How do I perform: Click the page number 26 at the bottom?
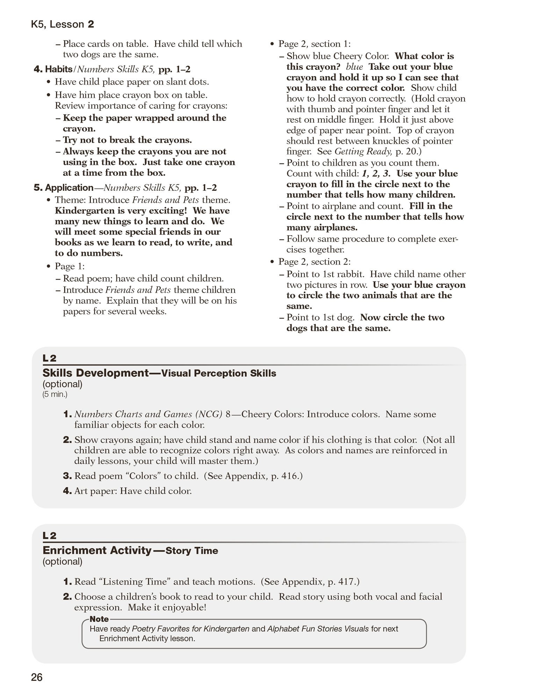pyautogui.click(x=37, y=677)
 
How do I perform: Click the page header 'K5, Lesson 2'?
pyautogui.click(x=63, y=24)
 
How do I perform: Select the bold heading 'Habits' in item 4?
pyautogui.click(x=58, y=69)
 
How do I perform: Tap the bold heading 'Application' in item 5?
pyautogui.click(x=69, y=188)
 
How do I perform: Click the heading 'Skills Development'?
pyautogui.click(x=96, y=373)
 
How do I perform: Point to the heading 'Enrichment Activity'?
pyautogui.click(x=97, y=550)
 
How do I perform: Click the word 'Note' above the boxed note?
pyautogui.click(x=99, y=619)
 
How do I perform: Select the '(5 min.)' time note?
pyautogui.click(x=55, y=395)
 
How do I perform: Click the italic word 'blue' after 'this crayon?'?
pyautogui.click(x=354, y=67)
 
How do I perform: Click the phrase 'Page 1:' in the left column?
pyautogui.click(x=70, y=266)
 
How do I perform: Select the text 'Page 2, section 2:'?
pyautogui.click(x=314, y=262)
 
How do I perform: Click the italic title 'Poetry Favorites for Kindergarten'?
pyautogui.click(x=190, y=629)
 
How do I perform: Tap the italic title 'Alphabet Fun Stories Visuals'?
pyautogui.click(x=318, y=629)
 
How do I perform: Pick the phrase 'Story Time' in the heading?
pyautogui.click(x=192, y=551)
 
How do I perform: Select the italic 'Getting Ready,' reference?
pyautogui.click(x=363, y=152)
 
